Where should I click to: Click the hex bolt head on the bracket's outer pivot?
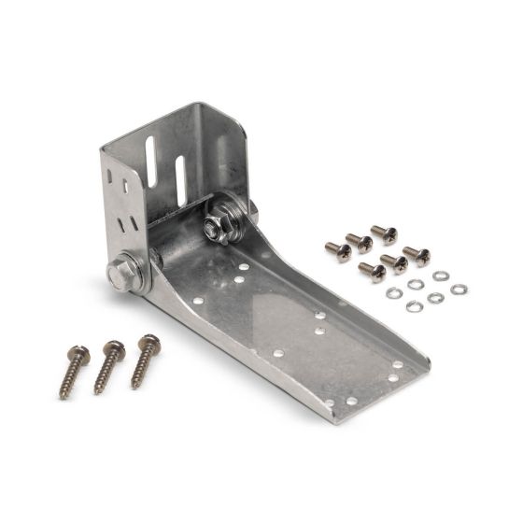click(120, 275)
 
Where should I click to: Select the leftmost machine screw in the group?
click(337, 249)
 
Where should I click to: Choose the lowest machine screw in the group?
click(372, 273)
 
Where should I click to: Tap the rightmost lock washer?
click(459, 290)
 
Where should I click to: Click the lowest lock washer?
click(415, 306)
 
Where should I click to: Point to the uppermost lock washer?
click(441, 276)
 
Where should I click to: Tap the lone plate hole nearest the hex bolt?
click(199, 301)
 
